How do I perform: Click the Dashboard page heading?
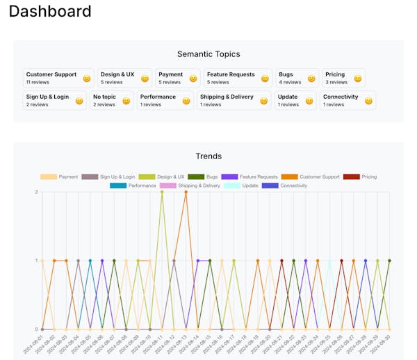(50, 12)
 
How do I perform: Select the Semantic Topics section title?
(208, 54)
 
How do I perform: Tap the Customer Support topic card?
(58, 78)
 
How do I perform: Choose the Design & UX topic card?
(124, 78)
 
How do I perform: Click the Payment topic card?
(177, 78)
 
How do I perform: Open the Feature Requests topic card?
(237, 78)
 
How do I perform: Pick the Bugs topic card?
(297, 78)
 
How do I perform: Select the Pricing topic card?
(343, 78)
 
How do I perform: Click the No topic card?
(111, 100)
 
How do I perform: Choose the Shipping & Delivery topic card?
(234, 100)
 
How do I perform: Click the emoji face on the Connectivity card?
(368, 101)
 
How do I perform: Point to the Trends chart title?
(208, 156)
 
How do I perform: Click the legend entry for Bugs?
(204, 177)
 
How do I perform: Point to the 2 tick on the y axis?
(36, 192)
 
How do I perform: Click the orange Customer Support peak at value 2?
(186, 192)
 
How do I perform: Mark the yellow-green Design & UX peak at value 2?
(162, 192)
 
